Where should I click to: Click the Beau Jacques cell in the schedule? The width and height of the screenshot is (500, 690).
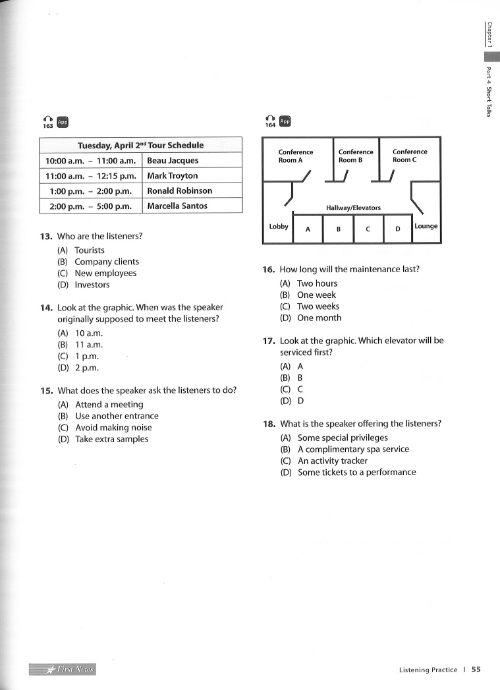173,161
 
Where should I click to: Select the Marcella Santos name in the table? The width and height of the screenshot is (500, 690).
177,206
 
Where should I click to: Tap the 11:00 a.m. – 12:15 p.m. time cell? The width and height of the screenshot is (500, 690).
91,176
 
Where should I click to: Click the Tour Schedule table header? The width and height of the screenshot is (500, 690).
140,145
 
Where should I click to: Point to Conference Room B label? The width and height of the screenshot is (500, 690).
356,156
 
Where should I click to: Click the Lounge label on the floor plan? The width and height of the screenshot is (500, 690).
426,226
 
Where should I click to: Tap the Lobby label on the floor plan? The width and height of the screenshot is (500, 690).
279,227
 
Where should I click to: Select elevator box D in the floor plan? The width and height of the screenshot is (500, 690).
397,229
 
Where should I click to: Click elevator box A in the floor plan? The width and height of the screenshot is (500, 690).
308,229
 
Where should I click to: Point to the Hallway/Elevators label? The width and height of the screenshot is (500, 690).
353,208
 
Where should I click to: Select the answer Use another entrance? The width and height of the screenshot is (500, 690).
117,416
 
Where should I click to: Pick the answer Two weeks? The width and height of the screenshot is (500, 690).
318,306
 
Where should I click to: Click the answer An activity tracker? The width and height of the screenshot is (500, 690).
332,461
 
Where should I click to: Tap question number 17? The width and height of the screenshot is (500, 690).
268,341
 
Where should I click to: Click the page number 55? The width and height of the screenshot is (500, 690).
476,670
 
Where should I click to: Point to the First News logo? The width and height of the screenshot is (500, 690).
63,670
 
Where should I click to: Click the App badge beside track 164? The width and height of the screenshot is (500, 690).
285,121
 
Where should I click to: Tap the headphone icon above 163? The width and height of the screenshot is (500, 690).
47,118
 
